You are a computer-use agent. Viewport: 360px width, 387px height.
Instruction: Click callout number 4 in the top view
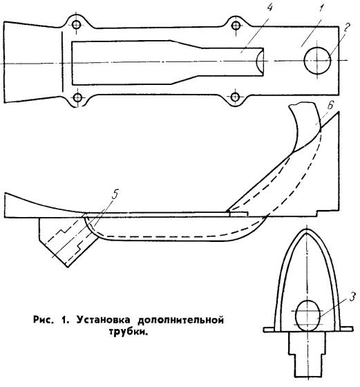click(269, 8)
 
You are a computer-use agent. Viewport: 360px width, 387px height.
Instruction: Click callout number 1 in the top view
click(321, 10)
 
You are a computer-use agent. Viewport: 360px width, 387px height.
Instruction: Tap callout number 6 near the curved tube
click(330, 105)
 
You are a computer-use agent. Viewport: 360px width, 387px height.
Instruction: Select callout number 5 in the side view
click(115, 194)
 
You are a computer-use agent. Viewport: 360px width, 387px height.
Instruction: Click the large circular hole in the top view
click(317, 61)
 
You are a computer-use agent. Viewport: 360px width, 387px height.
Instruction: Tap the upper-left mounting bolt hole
click(77, 24)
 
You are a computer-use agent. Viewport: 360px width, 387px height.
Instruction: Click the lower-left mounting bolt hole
click(77, 97)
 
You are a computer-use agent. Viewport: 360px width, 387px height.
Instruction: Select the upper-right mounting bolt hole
click(236, 25)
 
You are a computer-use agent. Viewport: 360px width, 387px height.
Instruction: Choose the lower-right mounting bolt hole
click(236, 96)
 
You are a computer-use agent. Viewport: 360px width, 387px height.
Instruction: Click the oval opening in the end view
click(307, 316)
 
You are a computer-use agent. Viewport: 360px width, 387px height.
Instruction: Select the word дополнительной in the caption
click(180, 321)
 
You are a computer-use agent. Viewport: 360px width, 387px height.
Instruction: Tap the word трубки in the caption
click(129, 332)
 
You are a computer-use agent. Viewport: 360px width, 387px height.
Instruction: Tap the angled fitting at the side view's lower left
click(67, 239)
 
